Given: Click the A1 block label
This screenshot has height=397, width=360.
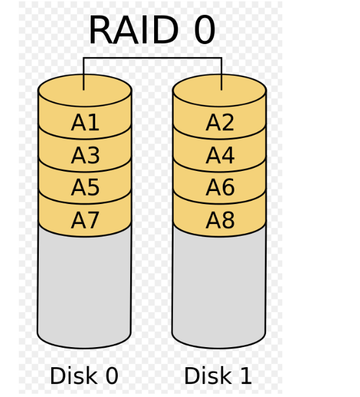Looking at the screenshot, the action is click(85, 122).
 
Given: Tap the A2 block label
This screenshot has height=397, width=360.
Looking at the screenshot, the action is click(219, 122).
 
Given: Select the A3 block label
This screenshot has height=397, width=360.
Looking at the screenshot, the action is click(85, 155).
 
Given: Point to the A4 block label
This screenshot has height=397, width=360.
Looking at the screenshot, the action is click(220, 155).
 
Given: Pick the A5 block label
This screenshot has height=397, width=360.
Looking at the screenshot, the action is click(85, 187).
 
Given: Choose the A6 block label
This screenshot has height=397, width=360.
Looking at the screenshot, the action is click(220, 187).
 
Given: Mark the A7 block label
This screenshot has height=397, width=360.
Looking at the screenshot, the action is click(85, 220).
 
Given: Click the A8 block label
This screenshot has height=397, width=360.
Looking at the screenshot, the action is click(220, 220).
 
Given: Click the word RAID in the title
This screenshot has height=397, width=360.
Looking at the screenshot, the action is click(134, 30).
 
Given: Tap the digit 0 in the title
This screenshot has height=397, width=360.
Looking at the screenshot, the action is click(205, 30).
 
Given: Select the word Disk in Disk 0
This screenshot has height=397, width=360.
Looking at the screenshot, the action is click(74, 376).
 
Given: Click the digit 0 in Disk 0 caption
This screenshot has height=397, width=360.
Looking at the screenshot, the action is click(112, 376).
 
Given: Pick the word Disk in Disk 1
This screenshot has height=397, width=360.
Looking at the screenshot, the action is click(208, 376).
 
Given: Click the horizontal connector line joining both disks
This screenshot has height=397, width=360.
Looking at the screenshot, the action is click(153, 58).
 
